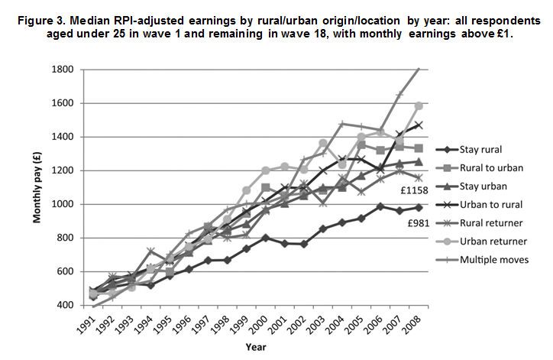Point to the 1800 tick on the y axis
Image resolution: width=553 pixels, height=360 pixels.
point(61,70)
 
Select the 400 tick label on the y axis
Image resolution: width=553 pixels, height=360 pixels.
point(63,305)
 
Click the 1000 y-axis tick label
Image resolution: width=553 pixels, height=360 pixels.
point(61,204)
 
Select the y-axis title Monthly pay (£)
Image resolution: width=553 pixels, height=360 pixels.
point(36,186)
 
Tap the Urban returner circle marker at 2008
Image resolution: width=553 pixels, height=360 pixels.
point(419,105)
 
